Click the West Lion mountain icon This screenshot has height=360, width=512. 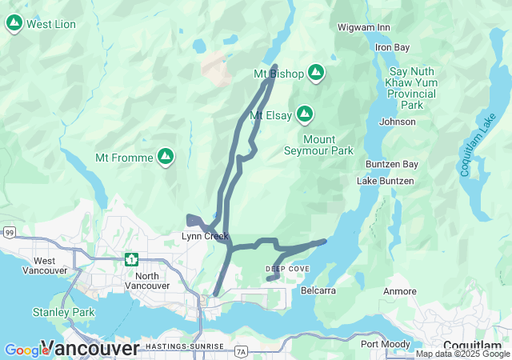pos(14,24)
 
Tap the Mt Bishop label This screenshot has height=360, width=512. pos(278,74)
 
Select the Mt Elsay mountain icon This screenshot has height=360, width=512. pos(304,115)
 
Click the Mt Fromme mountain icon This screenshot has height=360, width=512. pos(166,157)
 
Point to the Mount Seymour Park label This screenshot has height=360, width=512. pos(318,145)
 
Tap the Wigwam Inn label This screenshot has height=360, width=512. pos(364,27)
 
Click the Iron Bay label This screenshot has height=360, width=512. pos(393,47)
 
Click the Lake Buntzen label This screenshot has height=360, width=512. pos(386,181)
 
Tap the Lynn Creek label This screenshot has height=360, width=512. pos(205,236)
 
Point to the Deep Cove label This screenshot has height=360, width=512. pos(287,269)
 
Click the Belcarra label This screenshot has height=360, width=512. pos(318,290)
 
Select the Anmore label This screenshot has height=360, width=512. pos(400,291)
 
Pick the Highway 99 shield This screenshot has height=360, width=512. pos(9,233)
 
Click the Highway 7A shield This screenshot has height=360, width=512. pos(242,351)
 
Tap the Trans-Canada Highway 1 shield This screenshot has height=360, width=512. pos(131,259)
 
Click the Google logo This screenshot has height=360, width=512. pos(26,350)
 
